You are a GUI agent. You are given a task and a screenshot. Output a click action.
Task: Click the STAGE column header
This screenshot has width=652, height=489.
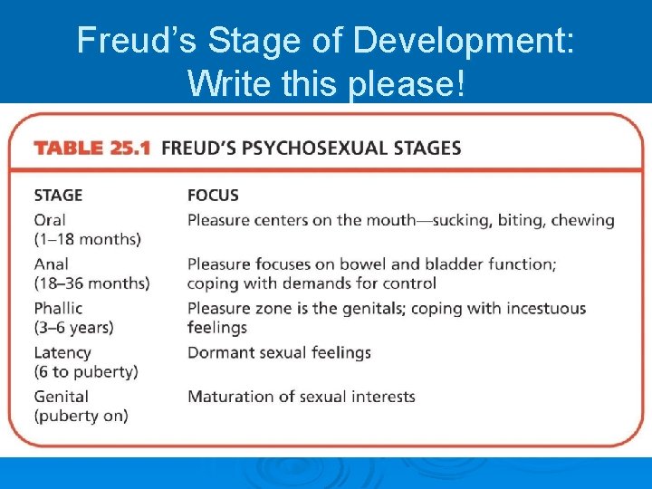58,195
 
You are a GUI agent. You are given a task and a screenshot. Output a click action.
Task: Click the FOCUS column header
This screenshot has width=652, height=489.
213,195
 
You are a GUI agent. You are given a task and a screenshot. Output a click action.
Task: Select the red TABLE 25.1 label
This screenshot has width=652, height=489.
92,148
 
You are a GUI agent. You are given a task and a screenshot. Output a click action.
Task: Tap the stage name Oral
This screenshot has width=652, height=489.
50,220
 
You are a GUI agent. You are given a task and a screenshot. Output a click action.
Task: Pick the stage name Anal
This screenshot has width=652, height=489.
51,264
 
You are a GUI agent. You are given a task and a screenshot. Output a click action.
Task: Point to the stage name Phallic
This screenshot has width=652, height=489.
58,309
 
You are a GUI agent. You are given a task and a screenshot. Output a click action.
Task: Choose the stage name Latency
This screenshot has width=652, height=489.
62,352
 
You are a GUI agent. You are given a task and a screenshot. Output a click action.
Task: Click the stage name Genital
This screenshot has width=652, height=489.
61,397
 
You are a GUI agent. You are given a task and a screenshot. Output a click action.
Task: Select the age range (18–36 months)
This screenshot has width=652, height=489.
91,283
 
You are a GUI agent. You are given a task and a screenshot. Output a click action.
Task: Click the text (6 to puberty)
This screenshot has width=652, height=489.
86,371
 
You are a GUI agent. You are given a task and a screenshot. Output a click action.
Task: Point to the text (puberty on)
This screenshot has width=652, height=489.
81,416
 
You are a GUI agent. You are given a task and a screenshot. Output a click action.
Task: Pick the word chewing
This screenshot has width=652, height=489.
583,220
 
